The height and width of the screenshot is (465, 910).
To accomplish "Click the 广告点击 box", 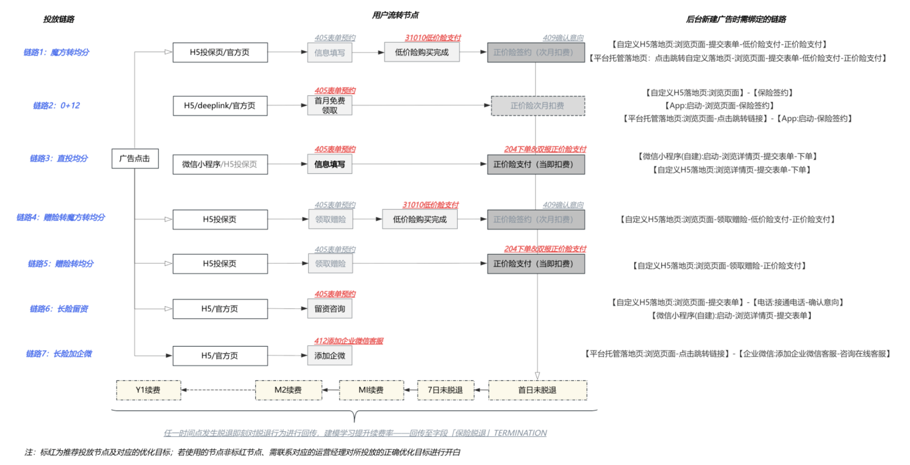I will click(x=135, y=158).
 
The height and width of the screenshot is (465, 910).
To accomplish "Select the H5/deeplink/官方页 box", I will click(x=220, y=105).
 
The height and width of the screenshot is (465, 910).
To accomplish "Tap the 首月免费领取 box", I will click(x=330, y=105).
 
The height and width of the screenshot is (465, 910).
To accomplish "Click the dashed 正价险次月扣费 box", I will click(x=537, y=105).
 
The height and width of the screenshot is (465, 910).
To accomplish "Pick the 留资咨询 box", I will click(x=330, y=309).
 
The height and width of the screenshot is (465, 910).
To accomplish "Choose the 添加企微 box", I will click(x=330, y=356).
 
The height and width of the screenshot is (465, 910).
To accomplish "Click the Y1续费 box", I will click(x=148, y=390).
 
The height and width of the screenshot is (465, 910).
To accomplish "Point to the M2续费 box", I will click(x=288, y=390).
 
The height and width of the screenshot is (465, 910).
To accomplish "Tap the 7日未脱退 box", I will click(x=445, y=390).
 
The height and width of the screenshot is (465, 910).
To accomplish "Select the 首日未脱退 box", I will click(x=537, y=390).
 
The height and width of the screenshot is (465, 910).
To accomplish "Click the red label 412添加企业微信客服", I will click(x=348, y=341).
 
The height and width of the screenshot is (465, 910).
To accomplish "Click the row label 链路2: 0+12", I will click(x=56, y=105).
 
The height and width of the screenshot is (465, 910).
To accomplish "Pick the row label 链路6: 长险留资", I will click(x=59, y=309).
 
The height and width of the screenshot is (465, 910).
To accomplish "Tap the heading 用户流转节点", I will click(x=395, y=15).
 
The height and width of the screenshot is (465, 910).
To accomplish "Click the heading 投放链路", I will click(x=59, y=19).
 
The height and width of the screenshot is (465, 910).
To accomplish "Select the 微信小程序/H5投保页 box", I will click(x=220, y=164).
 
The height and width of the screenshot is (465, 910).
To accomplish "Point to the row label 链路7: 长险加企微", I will click(x=59, y=354).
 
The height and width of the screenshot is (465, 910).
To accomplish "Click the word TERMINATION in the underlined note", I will click(x=520, y=433).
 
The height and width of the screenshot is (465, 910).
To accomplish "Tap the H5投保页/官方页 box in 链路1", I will click(x=220, y=52).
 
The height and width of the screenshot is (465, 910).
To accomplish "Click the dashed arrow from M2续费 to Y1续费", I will click(x=218, y=390).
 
